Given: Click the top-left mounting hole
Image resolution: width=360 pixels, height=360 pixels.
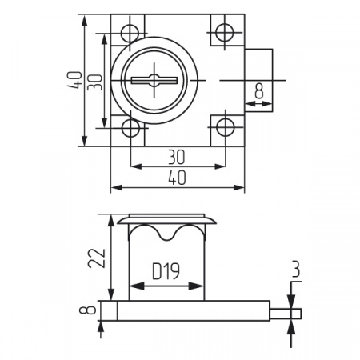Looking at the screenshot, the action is [x=130, y=34].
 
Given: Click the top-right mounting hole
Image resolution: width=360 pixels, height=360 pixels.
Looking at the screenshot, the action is [x=225, y=33].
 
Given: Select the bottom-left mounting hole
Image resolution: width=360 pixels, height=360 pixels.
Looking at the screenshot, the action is [x=130, y=128].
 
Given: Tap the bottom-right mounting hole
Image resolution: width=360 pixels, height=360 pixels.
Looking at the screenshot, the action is [x=226, y=127].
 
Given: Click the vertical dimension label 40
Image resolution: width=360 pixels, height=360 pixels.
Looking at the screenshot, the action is [x=74, y=79].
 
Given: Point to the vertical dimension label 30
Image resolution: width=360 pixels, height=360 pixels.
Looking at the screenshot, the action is [x=95, y=82].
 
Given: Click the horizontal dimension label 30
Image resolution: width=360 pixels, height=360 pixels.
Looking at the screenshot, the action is [x=177, y=158].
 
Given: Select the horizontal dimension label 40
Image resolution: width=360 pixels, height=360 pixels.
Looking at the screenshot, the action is [x=177, y=178].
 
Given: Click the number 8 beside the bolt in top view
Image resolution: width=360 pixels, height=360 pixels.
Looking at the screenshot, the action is [x=259, y=90].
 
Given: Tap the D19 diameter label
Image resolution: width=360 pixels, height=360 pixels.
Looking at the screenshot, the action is [x=166, y=271].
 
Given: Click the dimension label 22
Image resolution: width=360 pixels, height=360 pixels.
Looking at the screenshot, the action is [x=97, y=258].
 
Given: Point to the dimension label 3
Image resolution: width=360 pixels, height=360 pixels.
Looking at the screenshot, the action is [x=296, y=269].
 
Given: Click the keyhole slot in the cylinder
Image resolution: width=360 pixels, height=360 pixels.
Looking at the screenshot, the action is [x=154, y=80].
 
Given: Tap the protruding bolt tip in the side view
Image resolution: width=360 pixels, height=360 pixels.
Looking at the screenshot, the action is [x=286, y=314].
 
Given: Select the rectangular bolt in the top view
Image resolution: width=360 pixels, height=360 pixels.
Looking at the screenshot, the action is [x=258, y=80].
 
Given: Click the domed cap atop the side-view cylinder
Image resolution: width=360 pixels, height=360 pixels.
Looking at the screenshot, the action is [x=166, y=221].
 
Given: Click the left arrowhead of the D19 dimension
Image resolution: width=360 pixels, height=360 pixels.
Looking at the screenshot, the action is [x=137, y=286].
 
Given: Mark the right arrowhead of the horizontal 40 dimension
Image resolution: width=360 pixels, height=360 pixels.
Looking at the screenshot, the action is [x=238, y=188].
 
